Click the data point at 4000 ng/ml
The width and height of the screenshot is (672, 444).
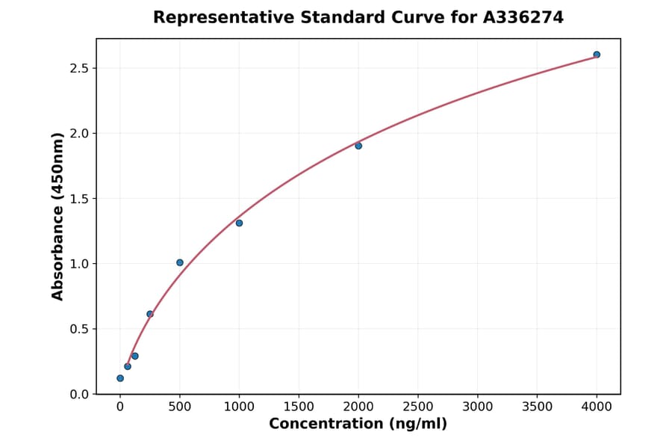(x=597, y=55)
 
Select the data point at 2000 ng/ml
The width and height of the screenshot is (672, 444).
(x=358, y=146)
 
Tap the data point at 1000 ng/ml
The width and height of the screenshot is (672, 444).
(x=239, y=223)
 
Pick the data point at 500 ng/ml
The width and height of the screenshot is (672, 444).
(x=180, y=262)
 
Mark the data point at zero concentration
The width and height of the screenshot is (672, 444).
(x=120, y=378)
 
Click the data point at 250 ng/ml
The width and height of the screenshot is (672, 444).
(x=150, y=314)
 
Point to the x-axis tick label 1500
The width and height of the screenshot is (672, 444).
(x=299, y=407)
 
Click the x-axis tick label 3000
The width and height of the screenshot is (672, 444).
(x=478, y=407)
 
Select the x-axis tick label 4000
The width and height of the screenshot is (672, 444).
(x=597, y=407)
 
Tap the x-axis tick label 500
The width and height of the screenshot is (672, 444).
(x=180, y=407)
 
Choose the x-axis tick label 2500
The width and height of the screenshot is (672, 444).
(x=418, y=407)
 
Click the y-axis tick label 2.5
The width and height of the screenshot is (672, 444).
(x=78, y=69)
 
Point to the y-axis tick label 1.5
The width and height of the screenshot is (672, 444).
(x=78, y=199)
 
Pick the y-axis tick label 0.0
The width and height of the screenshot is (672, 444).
(x=78, y=394)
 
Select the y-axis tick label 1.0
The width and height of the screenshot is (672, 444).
(x=78, y=264)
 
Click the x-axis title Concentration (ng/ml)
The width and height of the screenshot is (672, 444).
(x=358, y=425)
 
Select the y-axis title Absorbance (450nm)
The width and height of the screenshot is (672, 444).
(x=58, y=216)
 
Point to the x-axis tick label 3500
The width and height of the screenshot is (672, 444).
(x=538, y=407)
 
